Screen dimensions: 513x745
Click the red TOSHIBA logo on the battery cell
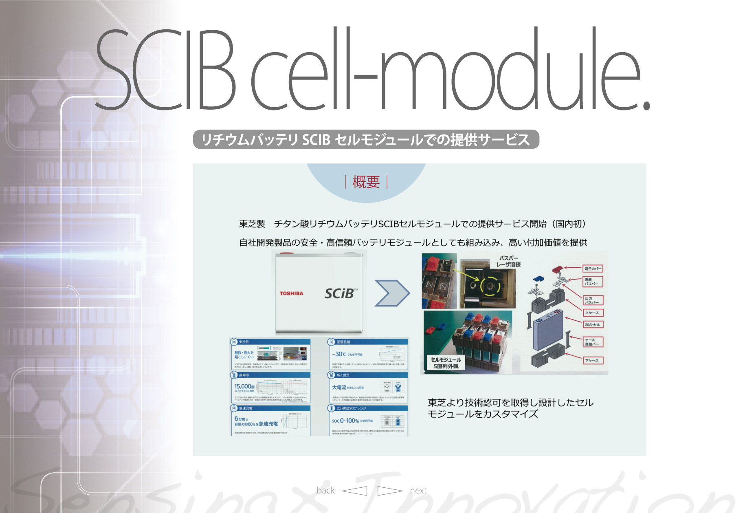click(x=291, y=293)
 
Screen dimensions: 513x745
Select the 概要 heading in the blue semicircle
click(x=366, y=182)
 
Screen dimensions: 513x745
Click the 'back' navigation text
click(x=325, y=491)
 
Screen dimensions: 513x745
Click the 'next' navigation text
click(x=418, y=491)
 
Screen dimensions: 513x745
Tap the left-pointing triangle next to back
click(x=355, y=491)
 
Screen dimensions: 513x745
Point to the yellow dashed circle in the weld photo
click(x=490, y=285)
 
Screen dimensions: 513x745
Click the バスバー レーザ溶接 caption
click(x=508, y=261)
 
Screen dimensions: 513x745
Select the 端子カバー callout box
click(x=593, y=269)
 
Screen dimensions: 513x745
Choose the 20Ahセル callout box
click(x=592, y=325)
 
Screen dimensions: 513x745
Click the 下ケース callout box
click(x=592, y=361)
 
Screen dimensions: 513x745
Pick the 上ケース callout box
click(x=592, y=313)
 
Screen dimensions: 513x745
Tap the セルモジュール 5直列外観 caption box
click(x=446, y=363)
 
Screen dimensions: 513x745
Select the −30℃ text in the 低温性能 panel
click(x=339, y=354)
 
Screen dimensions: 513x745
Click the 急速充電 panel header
click(x=246, y=408)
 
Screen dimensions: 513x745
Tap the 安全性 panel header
click(x=244, y=342)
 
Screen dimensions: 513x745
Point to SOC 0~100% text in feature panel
click(x=345, y=421)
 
